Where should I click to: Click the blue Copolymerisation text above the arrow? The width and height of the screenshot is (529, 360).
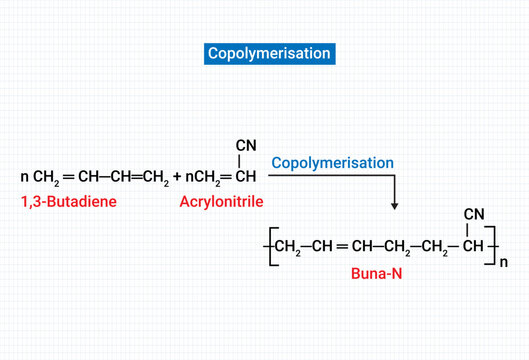point(333,162)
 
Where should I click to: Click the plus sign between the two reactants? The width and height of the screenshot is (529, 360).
point(177,177)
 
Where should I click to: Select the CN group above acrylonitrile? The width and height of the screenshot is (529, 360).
point(246,144)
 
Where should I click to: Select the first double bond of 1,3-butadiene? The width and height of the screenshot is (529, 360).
point(68,177)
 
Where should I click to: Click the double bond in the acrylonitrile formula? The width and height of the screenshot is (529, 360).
point(226,177)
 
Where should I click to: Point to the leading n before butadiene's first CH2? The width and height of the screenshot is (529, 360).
point(24,177)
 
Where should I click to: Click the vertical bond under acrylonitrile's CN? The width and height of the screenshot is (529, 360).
point(245,159)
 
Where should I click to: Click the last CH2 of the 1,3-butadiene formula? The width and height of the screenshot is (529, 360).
point(155,177)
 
